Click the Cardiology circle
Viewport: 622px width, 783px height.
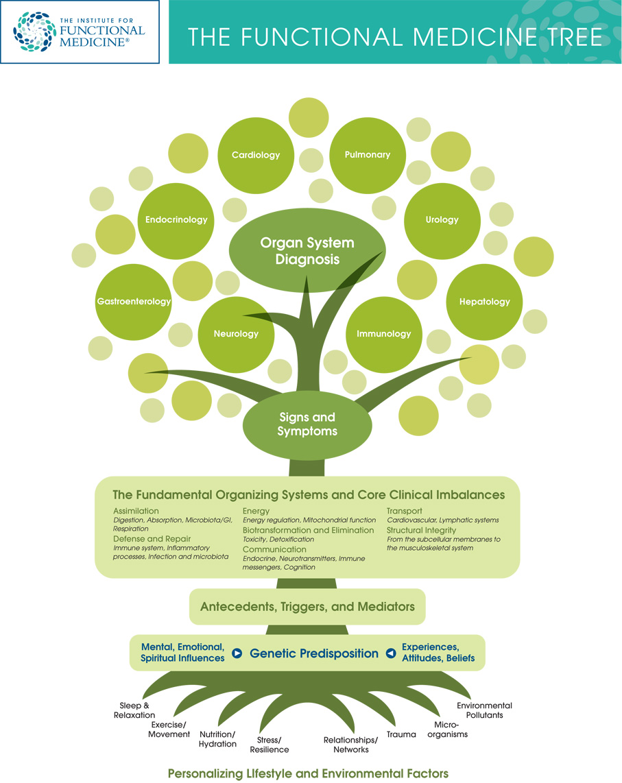256,154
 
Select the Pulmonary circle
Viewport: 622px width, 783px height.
368,154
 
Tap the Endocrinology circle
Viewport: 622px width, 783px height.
176,219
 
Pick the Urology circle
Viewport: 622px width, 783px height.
442,219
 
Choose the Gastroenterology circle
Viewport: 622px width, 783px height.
134,301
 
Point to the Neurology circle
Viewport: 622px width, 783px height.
236,334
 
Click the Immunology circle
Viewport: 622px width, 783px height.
383,334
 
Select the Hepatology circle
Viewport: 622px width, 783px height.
484,301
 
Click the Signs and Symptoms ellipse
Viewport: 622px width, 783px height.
307,424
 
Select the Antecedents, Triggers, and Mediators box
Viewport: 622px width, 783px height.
307,607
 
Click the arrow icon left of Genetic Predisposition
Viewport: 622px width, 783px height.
237,653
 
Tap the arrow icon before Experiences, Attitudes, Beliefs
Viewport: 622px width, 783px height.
390,653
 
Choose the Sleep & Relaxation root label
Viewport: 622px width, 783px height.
134,710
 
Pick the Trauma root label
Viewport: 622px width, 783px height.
401,734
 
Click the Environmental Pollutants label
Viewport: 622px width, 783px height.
484,710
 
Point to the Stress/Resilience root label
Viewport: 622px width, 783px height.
273,745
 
